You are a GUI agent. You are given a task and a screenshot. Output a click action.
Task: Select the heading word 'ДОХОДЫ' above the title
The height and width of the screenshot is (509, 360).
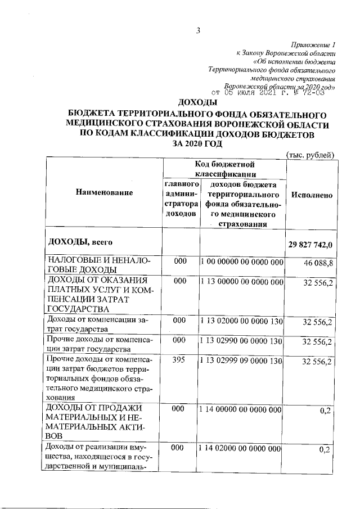197,102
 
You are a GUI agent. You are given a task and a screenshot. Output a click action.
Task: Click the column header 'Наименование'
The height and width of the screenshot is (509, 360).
102,193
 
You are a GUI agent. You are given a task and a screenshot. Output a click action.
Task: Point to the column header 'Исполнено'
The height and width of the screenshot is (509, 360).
311,194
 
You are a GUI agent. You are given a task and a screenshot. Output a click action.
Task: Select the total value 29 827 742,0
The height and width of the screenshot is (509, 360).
312,245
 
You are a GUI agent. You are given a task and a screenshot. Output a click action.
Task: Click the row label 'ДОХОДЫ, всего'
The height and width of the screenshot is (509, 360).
79,242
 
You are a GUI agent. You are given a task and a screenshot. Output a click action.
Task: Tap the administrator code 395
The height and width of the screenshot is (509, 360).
179,358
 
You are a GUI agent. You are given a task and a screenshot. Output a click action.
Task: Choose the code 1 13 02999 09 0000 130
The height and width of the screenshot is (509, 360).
241,358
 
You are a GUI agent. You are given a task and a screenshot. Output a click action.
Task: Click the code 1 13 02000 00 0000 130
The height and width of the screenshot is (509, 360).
241,319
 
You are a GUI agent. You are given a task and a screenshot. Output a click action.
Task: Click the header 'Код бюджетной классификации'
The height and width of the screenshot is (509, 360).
224,169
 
